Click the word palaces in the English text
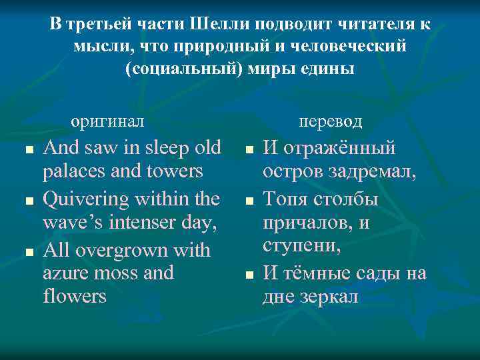pos(74,171)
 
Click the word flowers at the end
pos(74,295)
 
